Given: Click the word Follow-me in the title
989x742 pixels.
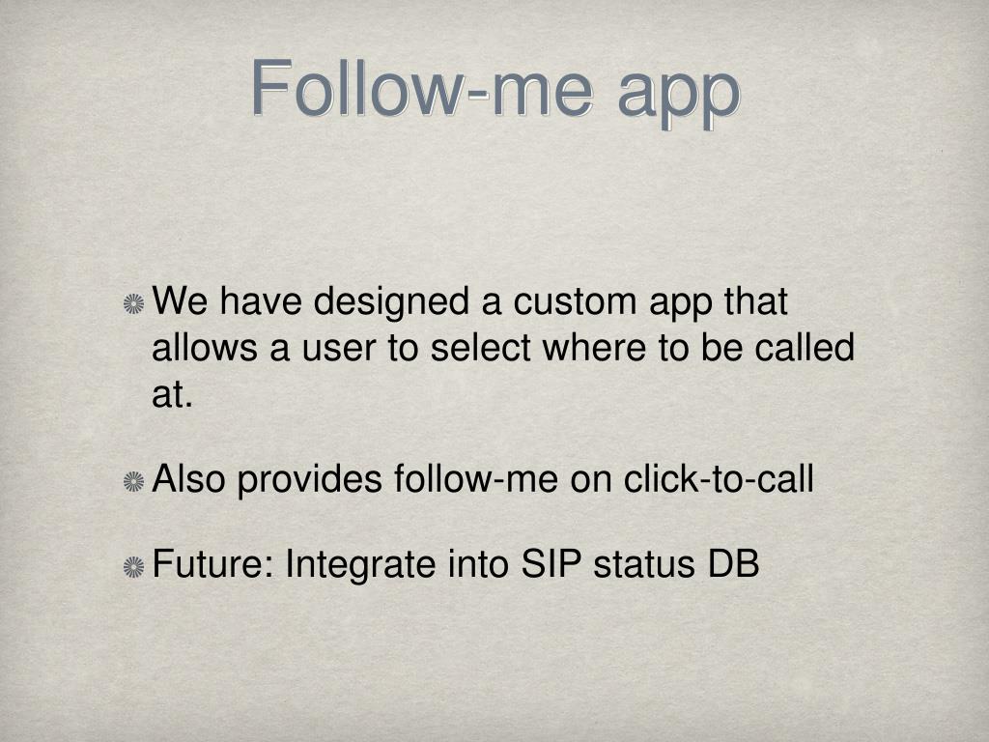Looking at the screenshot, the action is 422,89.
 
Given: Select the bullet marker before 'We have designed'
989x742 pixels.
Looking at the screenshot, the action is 133,304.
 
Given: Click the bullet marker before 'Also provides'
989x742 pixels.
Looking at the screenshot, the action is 133,483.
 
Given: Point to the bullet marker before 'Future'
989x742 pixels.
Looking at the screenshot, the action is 133,566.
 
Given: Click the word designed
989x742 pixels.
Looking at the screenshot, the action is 392,302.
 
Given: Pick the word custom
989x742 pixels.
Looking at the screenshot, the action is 575,301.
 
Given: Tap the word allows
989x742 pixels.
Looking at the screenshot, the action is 205,347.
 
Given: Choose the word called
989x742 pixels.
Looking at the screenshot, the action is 805,347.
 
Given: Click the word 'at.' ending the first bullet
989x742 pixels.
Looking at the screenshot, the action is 172,395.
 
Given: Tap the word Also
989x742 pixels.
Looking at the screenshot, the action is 188,478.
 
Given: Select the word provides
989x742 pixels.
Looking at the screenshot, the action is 310,481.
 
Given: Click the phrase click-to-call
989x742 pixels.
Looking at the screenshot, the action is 719,478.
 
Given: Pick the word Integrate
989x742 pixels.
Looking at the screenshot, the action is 360,565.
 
